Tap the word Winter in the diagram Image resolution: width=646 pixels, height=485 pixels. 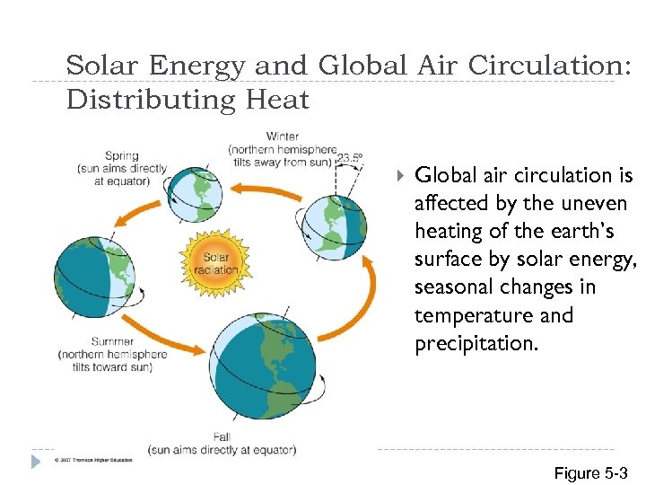[284, 137]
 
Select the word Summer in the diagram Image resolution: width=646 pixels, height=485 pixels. [113, 341]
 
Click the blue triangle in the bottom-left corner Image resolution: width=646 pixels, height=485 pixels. [36, 461]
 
